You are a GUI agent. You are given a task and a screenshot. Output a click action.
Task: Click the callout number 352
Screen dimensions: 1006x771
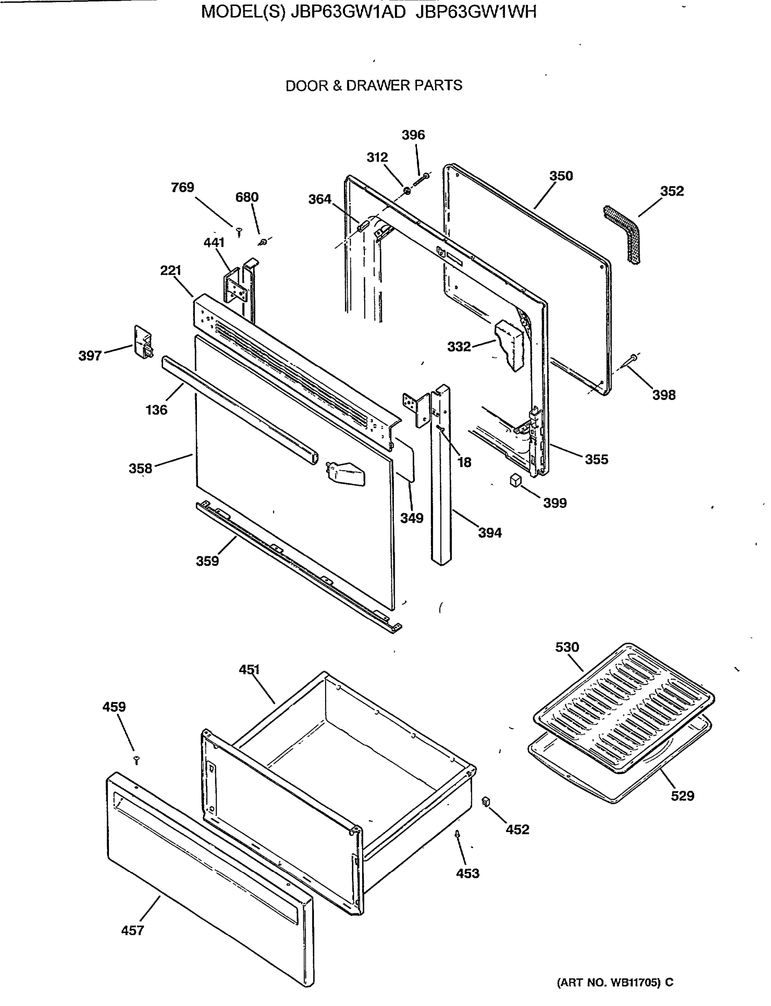pyautogui.click(x=672, y=191)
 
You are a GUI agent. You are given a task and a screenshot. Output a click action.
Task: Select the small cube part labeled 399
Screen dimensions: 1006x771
pyautogui.click(x=515, y=480)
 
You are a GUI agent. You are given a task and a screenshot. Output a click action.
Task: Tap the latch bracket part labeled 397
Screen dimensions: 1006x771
pyautogui.click(x=143, y=342)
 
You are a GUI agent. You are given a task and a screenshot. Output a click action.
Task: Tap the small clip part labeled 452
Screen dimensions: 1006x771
pyautogui.click(x=486, y=802)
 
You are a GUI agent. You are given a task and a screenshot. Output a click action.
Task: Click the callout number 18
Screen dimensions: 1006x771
pyautogui.click(x=464, y=462)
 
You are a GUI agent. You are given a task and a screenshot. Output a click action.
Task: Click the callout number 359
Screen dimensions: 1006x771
pyautogui.click(x=207, y=561)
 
